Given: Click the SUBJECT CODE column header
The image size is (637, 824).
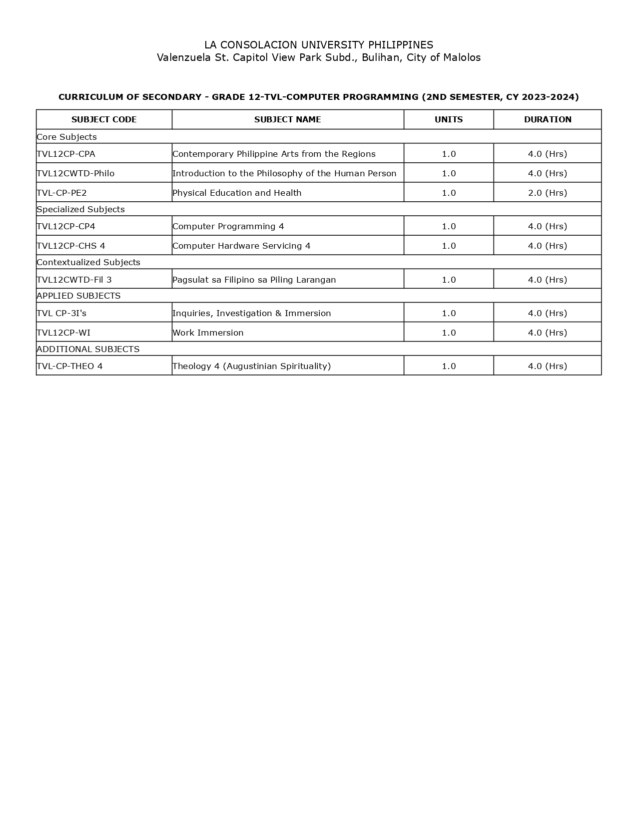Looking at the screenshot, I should pos(104,119).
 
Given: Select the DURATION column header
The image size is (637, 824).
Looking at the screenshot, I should pos(548,119).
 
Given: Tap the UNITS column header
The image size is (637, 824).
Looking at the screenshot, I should pos(449,119).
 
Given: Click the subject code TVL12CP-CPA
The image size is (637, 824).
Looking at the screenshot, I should pos(66,154).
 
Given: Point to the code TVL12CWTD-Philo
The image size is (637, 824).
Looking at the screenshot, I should pos(75,173).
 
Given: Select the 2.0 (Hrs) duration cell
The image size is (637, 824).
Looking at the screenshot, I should pos(548,193).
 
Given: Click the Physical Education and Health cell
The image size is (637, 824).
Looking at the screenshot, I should pos(237,193).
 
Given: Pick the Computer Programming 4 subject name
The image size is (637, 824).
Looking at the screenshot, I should pos(228,226).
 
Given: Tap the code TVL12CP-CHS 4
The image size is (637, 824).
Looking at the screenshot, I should pos(71,246).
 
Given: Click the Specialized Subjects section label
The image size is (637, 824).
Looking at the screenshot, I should pos(80,209).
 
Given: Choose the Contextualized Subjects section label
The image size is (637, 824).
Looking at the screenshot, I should pos(88,262).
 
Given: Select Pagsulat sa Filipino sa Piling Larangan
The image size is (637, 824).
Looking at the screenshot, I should pos(254,280).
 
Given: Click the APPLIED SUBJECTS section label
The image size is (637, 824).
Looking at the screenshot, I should pos(78,296).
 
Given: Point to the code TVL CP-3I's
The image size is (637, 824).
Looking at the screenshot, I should pos(61,313).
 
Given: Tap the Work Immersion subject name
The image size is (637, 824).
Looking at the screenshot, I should pos(208,333).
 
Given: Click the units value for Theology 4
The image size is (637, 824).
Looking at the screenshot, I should pos(449,366).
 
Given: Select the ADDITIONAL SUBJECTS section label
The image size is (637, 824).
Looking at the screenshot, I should pos(88,349).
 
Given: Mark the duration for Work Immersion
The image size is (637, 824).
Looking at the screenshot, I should pos(548,333).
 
